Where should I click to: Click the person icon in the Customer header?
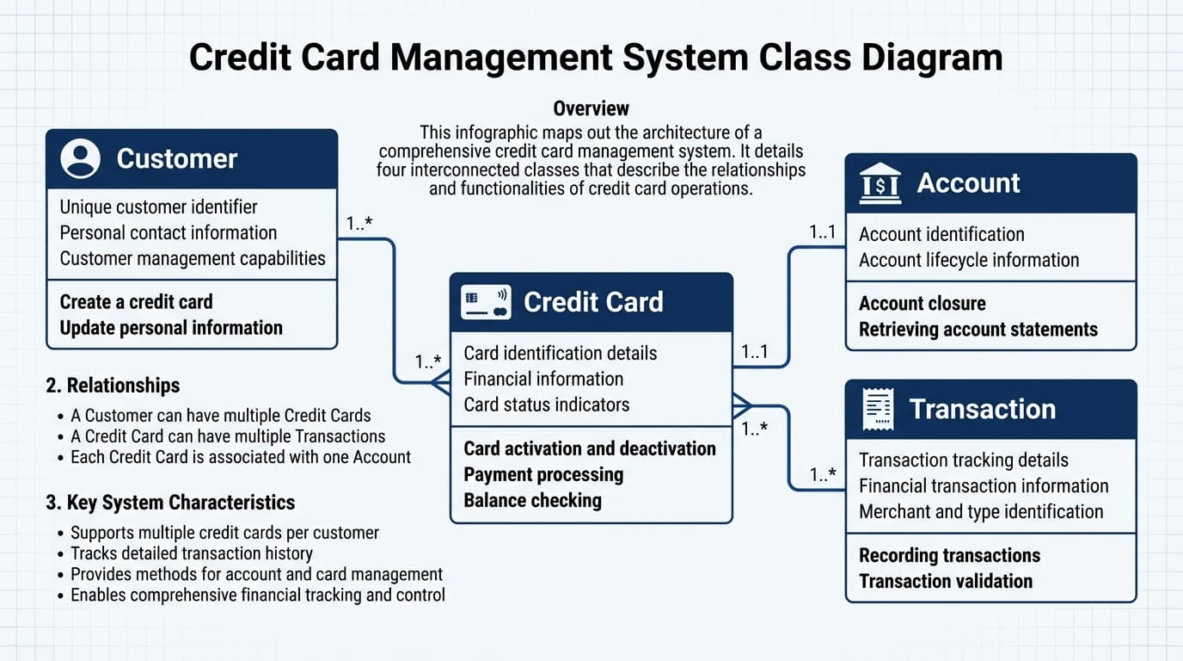click(81, 159)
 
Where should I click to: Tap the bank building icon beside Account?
click(880, 183)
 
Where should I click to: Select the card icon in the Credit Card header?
click(486, 302)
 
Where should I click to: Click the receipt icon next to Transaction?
click(878, 409)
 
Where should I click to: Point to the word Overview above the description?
click(591, 108)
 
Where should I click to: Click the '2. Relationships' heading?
click(113, 385)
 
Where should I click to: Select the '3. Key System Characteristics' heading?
click(170, 503)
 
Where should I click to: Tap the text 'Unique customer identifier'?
click(158, 207)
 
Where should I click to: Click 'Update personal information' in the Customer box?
click(171, 328)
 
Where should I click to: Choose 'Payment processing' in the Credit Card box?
click(543, 474)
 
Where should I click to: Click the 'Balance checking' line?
click(532, 500)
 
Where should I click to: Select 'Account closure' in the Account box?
click(922, 303)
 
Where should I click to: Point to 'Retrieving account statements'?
click(978, 329)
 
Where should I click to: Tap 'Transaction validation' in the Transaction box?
click(945, 581)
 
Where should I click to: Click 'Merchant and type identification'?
click(980, 511)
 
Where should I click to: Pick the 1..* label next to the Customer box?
click(359, 224)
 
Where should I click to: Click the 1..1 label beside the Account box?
click(822, 232)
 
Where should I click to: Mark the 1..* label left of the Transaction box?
click(824, 474)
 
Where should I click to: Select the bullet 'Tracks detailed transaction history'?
click(191, 553)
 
